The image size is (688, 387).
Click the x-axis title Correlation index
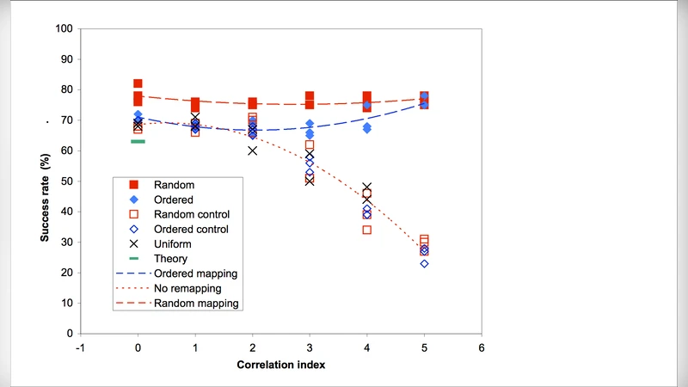click(281, 365)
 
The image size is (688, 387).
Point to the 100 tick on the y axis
click(63, 28)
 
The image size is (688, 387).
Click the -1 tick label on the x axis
click(80, 348)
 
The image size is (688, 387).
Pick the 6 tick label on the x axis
click(482, 348)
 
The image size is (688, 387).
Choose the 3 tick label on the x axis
click(310, 348)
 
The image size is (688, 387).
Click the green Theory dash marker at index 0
click(138, 141)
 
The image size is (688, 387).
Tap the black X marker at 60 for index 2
click(252, 150)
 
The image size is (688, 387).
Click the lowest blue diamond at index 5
click(424, 263)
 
